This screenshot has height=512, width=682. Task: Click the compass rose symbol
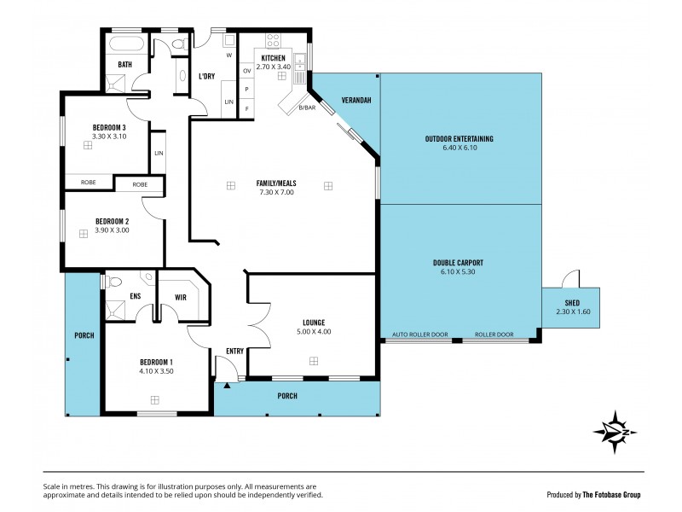[616, 431]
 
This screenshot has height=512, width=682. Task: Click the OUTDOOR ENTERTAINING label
[459, 138]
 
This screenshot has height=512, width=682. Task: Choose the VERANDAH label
[356, 100]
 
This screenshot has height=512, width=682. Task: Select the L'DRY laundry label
[206, 77]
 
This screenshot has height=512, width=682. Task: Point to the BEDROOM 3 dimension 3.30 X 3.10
[109, 136]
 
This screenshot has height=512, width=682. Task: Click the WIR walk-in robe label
[181, 297]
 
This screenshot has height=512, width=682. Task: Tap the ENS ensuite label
[135, 297]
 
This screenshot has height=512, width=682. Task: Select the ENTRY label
[235, 351]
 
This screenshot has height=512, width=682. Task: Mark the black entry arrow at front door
[226, 385]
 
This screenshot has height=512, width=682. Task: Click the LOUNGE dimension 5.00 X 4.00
[313, 331]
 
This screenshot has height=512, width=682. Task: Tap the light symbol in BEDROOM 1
[154, 399]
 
